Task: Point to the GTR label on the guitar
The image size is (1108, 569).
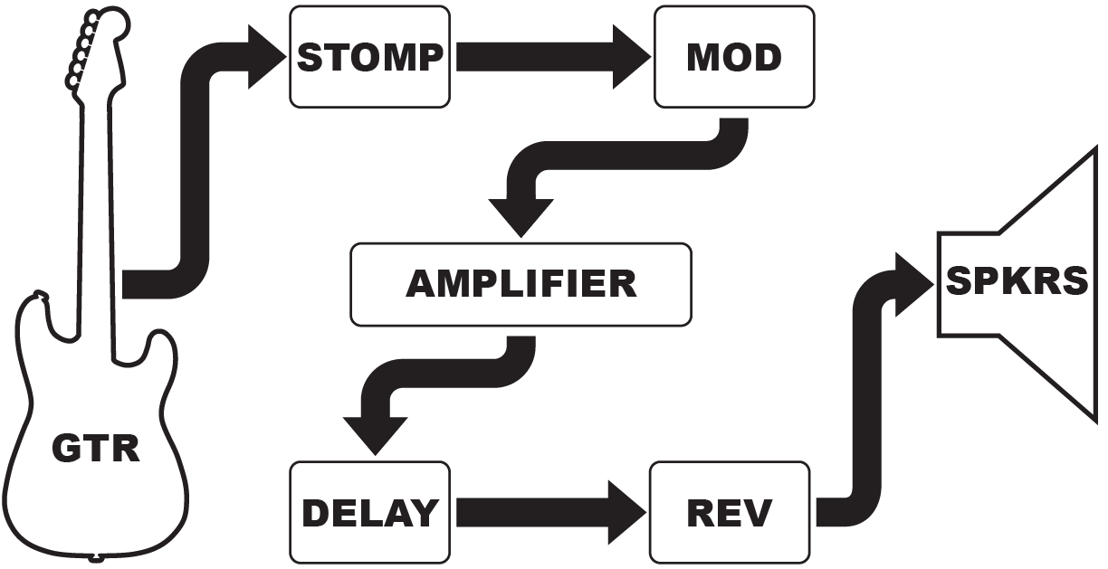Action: [96, 449]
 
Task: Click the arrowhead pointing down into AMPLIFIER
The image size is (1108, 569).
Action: [521, 215]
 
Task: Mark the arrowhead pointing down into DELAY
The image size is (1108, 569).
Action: [375, 434]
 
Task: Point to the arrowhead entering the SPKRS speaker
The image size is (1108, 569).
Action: [912, 284]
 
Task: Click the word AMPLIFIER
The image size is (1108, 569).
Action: [521, 284]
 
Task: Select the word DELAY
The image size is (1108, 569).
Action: [369, 513]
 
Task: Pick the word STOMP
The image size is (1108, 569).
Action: [369, 57]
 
